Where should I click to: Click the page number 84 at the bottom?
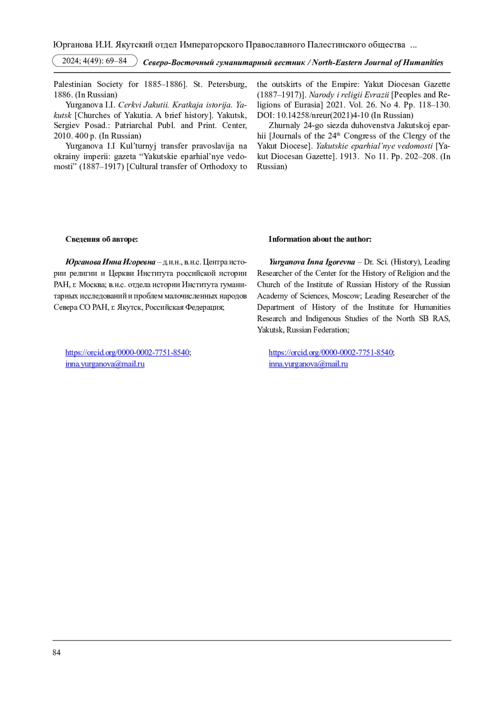[x=56, y=652]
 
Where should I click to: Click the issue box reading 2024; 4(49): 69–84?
[x=94, y=61]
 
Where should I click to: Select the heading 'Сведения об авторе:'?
[x=102, y=239]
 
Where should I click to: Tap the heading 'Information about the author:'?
[x=320, y=239]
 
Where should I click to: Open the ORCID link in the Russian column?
[x=127, y=352]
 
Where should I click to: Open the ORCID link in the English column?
[x=331, y=352]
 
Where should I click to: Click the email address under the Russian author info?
[x=105, y=364]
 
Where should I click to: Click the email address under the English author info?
[x=308, y=364]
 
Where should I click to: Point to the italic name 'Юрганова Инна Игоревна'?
[x=110, y=262]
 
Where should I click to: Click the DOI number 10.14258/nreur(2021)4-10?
[x=323, y=115]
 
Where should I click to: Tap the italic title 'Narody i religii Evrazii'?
[x=349, y=95]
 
